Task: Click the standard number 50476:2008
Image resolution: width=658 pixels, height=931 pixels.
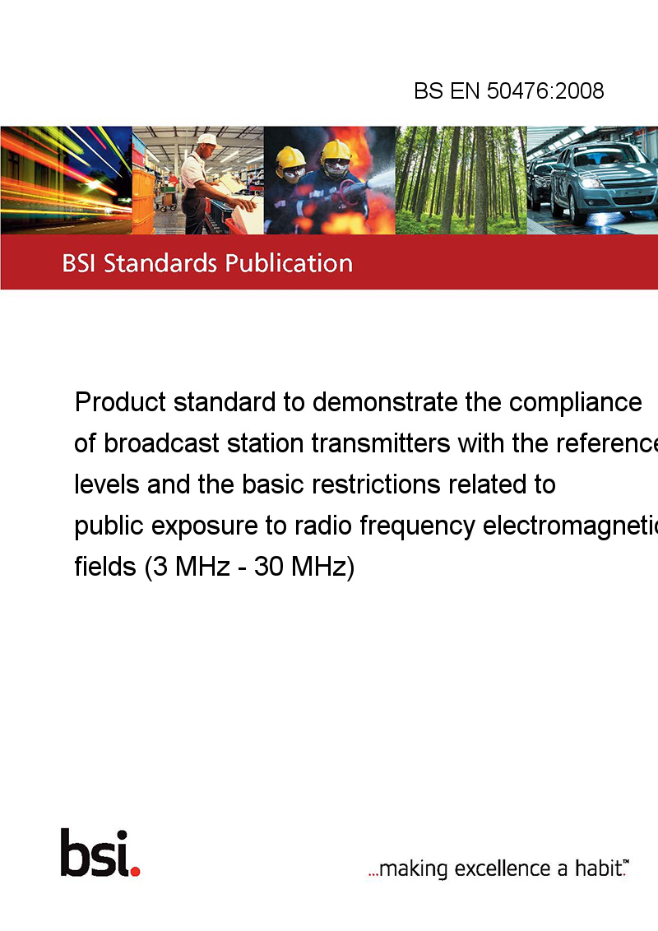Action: (x=545, y=90)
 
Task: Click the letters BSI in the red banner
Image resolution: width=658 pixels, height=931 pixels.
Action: (x=80, y=263)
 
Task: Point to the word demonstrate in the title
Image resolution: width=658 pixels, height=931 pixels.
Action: (x=385, y=402)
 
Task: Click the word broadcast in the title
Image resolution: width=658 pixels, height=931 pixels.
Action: (x=161, y=443)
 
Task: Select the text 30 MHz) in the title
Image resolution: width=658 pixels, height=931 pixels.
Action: (x=304, y=567)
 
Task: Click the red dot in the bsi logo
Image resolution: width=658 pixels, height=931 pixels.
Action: (x=135, y=871)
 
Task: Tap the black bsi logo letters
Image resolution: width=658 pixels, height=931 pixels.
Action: (x=95, y=853)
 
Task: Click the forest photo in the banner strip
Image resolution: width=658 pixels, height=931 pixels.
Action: (x=461, y=180)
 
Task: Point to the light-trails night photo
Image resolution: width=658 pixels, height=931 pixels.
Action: (x=66, y=180)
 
